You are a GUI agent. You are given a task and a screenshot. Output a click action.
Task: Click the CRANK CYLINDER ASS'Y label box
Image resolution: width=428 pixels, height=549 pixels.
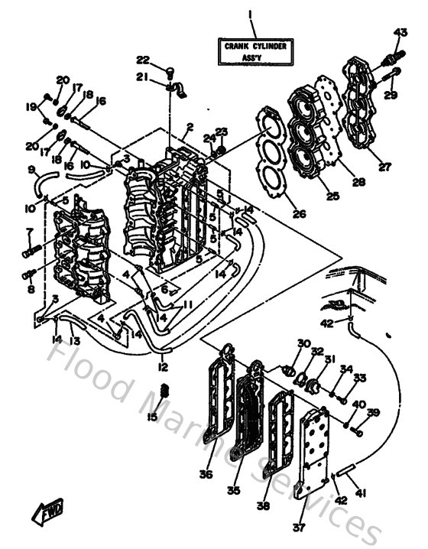point(255,51)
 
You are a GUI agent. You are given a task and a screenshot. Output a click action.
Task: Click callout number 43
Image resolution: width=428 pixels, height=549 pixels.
point(400,32)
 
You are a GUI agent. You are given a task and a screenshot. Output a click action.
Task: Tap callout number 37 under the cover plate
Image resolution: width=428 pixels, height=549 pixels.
point(298,526)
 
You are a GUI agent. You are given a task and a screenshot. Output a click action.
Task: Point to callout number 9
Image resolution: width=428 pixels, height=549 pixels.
point(32,170)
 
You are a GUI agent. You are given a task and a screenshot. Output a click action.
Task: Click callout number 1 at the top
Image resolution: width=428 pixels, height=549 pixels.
point(250,13)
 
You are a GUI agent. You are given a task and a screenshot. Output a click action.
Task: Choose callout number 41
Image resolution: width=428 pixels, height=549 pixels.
point(362,494)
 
